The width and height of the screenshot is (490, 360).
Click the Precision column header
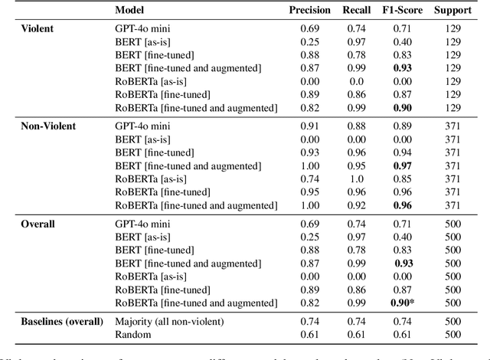[x=309, y=11]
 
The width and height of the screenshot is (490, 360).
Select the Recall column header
[x=358, y=11]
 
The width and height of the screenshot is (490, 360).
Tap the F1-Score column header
[x=406, y=11]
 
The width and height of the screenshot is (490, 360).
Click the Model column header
[x=130, y=11]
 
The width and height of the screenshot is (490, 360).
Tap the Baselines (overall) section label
[x=60, y=321]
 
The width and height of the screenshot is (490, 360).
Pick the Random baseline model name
[x=132, y=334]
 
